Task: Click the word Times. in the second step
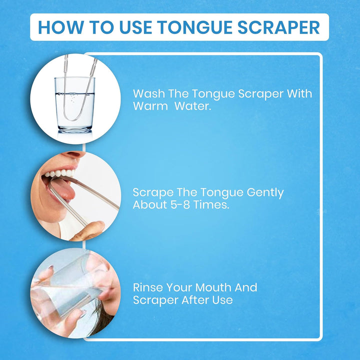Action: point(214,205)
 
